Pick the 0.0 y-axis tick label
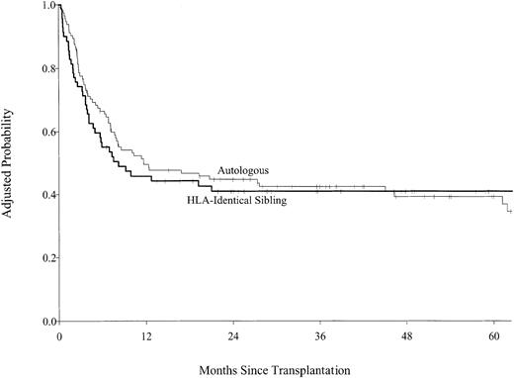click(x=45, y=323)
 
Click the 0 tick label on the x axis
click(x=59, y=336)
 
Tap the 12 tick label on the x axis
click(x=146, y=336)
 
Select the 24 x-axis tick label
click(x=233, y=336)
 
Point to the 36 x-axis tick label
click(x=320, y=336)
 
